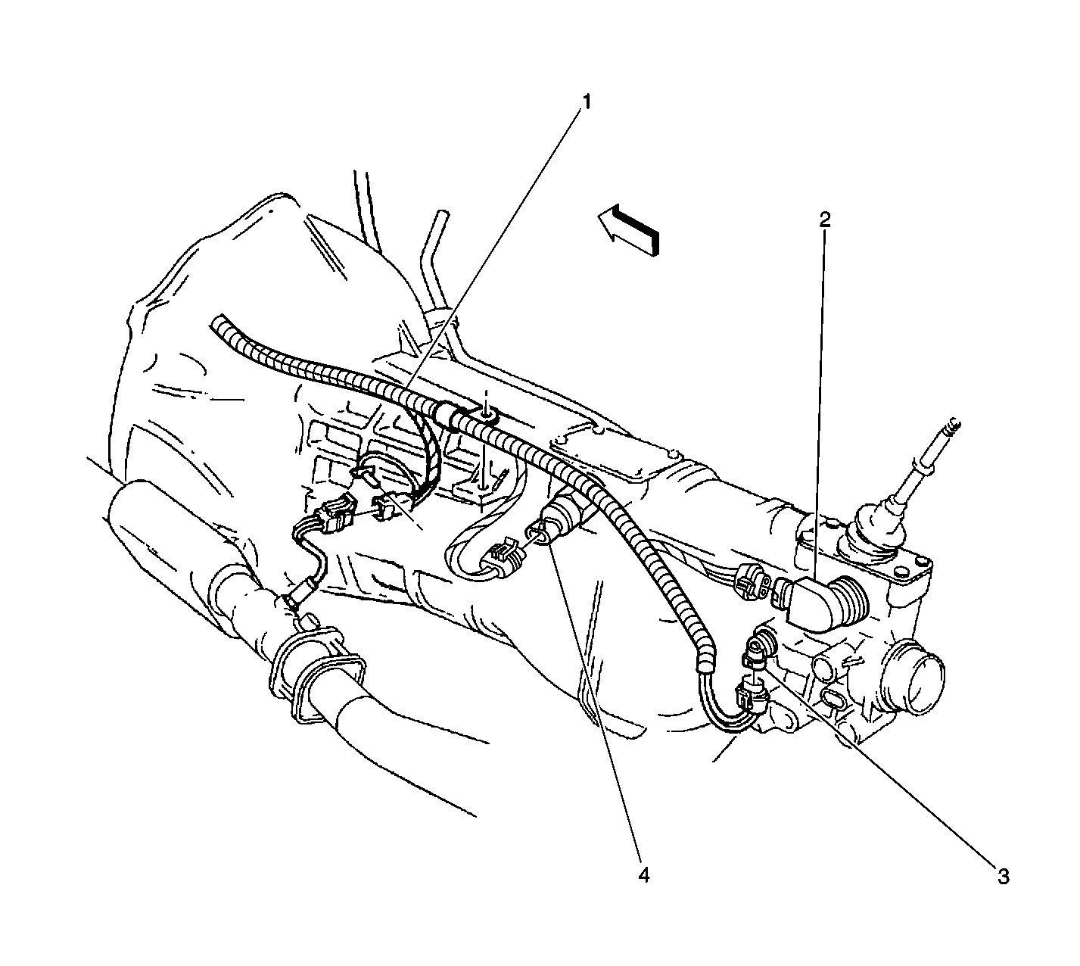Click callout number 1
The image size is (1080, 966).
click(x=586, y=101)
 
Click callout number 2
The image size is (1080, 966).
click(x=825, y=220)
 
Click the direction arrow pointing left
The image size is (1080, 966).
click(x=628, y=230)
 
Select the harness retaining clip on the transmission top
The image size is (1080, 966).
click(x=482, y=414)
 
